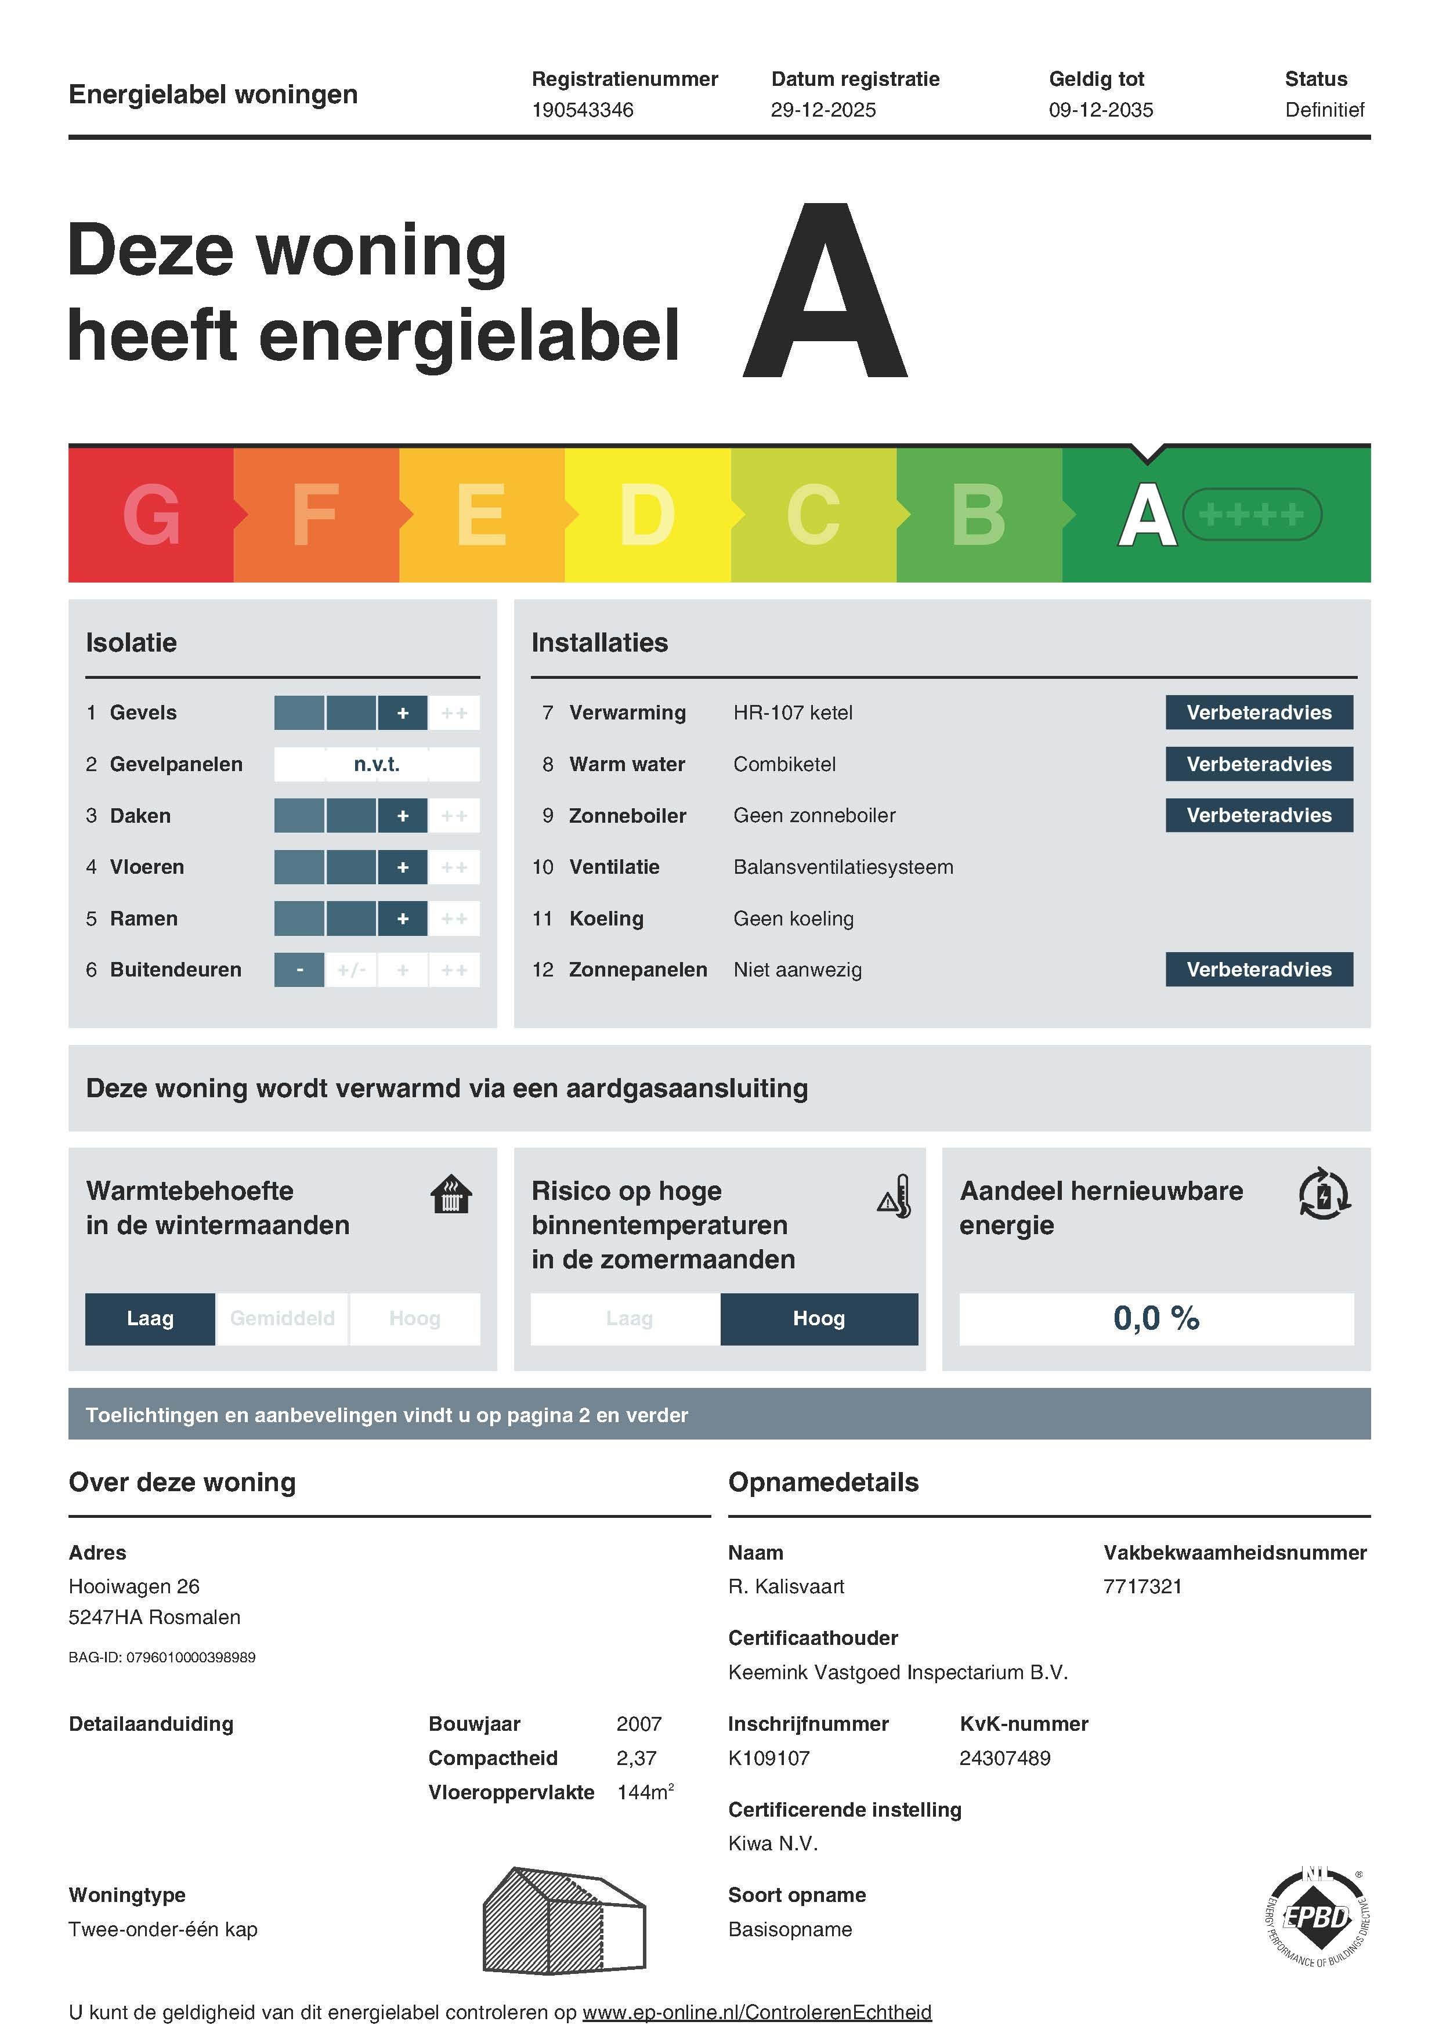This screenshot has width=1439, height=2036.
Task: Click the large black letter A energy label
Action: pos(825,292)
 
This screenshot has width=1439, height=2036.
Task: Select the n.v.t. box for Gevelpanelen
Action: pos(377,764)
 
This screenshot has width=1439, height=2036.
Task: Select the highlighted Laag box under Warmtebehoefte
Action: pos(150,1319)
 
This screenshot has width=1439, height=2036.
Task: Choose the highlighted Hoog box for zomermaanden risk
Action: pos(818,1319)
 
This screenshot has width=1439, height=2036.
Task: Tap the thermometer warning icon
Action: pos(895,1197)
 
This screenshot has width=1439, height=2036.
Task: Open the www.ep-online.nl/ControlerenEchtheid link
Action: pos(756,2012)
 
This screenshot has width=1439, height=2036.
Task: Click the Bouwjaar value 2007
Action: pos(638,1724)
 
